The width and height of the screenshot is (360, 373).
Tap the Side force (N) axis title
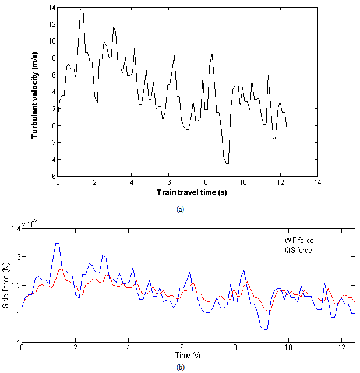(x=6, y=286)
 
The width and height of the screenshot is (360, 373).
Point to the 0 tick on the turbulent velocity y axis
(x=52, y=126)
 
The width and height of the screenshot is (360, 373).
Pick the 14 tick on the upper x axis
(x=317, y=182)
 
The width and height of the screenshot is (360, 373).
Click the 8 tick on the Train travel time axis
(x=206, y=182)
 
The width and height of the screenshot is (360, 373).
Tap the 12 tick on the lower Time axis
(x=341, y=348)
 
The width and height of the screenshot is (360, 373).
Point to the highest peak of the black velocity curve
(x=82, y=9)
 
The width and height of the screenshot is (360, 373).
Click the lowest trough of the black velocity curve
(x=227, y=163)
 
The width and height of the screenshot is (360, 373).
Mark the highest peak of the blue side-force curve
(x=57, y=244)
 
